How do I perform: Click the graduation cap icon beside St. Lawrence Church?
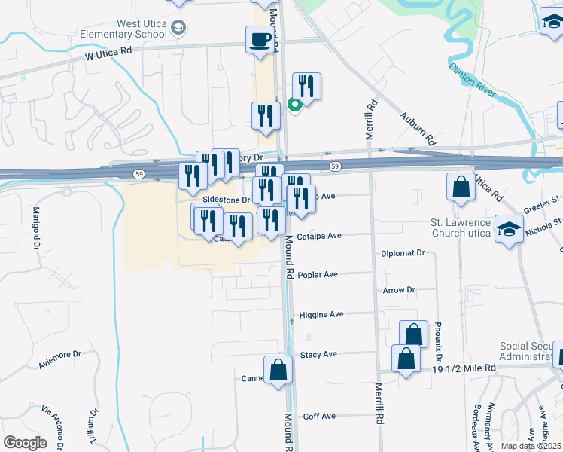point(510,229)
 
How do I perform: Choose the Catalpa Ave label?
point(319,236)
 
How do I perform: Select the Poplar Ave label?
point(318,275)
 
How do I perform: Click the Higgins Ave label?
point(321,315)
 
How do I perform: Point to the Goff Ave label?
point(318,416)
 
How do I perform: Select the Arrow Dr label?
point(399,289)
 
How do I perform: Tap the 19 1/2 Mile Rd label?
point(464,368)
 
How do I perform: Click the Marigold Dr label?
point(35,223)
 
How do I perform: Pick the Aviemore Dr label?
point(59,359)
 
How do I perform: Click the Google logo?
point(25,442)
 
